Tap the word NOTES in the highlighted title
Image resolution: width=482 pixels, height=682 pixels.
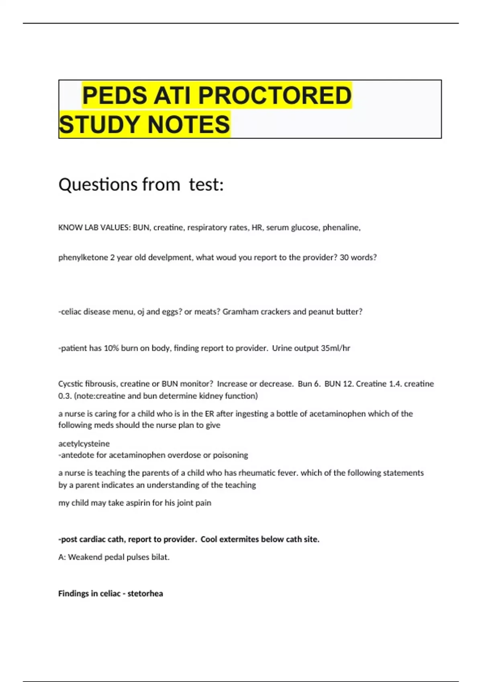[x=189, y=124]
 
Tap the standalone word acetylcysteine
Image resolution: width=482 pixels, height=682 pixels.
[x=84, y=444]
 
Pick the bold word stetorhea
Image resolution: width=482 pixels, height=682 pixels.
[x=145, y=594]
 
